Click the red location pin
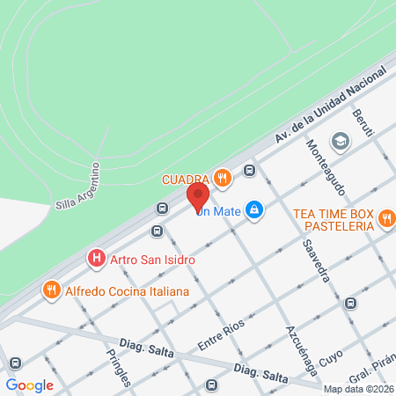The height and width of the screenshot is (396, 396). (198, 195)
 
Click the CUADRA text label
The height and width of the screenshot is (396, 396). (185, 180)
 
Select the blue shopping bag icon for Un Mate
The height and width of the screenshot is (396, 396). (254, 209)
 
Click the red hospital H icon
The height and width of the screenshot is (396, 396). (95, 260)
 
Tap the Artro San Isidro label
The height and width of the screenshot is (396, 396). (151, 260)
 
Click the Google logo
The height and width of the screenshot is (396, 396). (30, 385)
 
